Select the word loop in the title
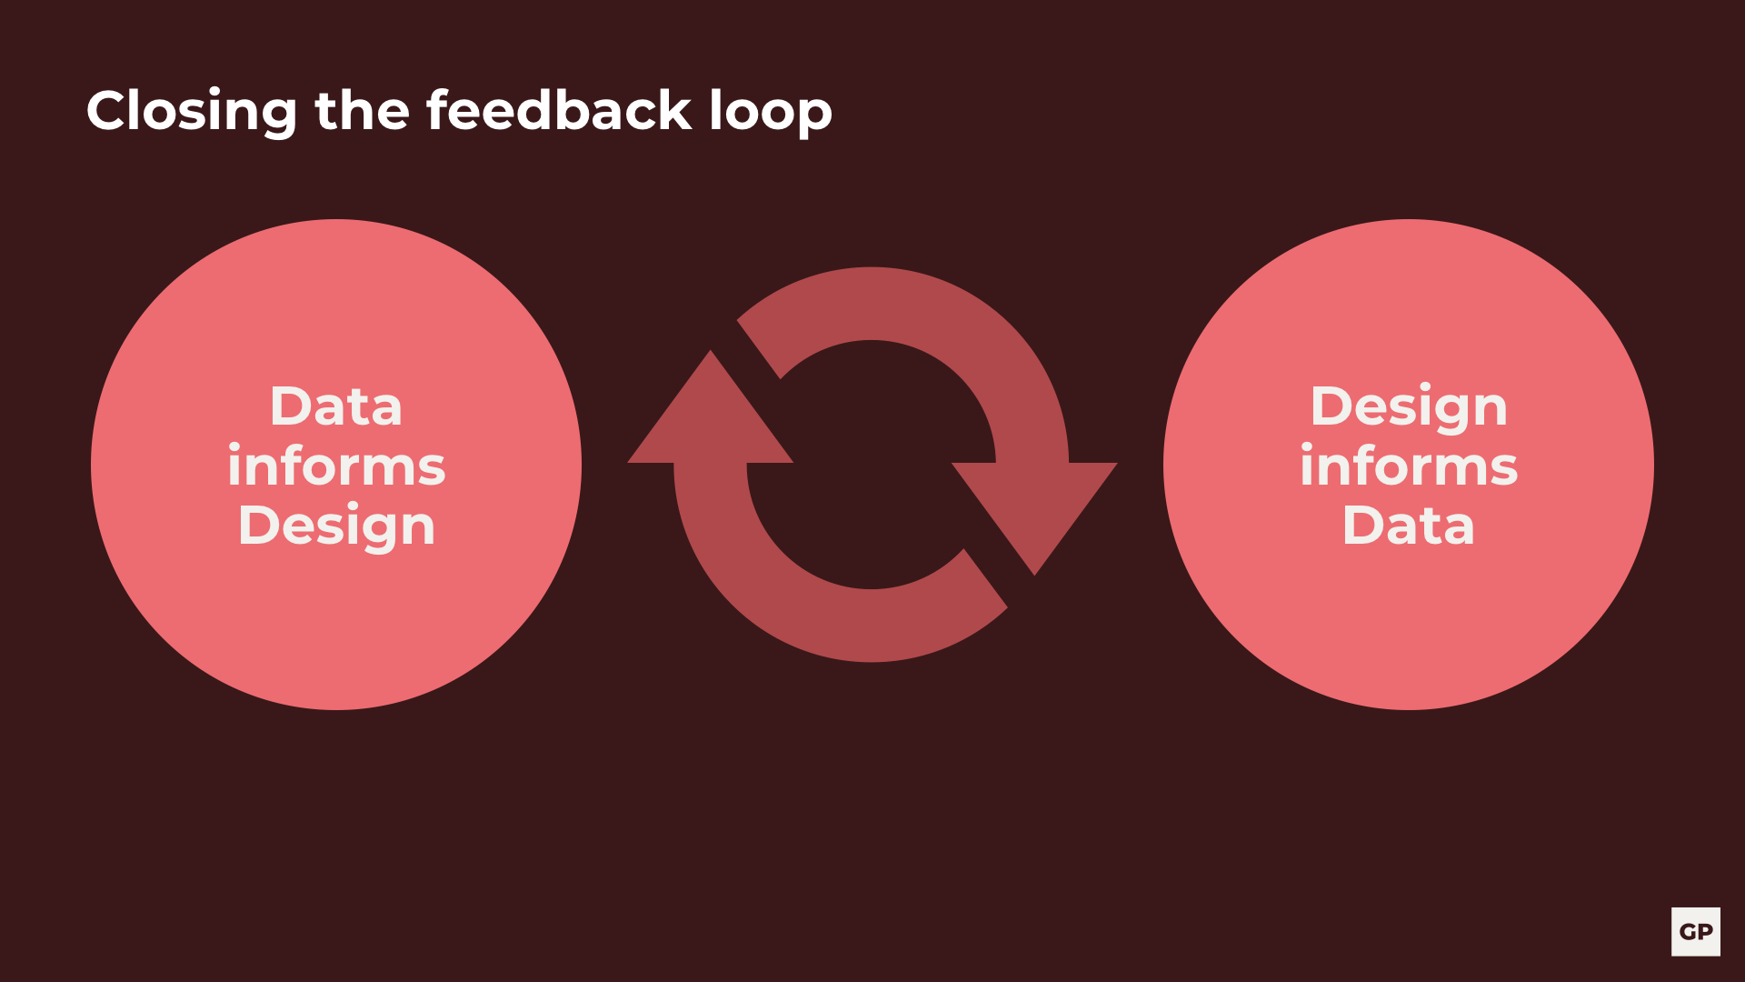pyautogui.click(x=770, y=113)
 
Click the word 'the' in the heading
pyautogui.click(x=362, y=110)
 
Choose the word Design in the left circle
pyautogui.click(x=336, y=526)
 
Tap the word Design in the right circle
pyautogui.click(x=1409, y=407)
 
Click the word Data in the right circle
pyautogui.click(x=1409, y=526)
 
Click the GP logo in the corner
pyautogui.click(x=1696, y=932)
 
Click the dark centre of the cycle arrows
pyautogui.click(x=872, y=465)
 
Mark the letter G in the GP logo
pyautogui.click(x=1688, y=932)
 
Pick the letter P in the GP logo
pyautogui.click(x=1705, y=932)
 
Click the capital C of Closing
pyautogui.click(x=109, y=111)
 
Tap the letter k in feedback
pyautogui.click(x=674, y=109)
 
